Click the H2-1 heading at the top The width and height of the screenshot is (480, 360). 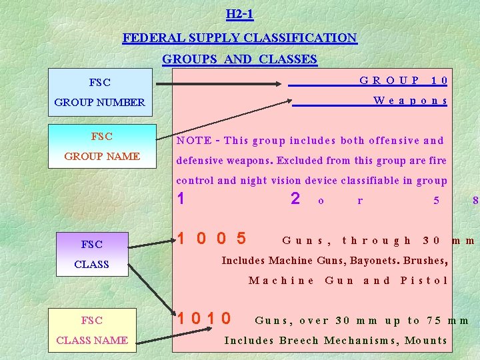pyautogui.click(x=239, y=13)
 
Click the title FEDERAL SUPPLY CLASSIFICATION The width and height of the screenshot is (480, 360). pyautogui.click(x=239, y=38)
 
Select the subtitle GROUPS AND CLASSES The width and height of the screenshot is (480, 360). pyautogui.click(x=239, y=59)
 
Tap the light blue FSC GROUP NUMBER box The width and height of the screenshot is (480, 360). pyautogui.click(x=100, y=92)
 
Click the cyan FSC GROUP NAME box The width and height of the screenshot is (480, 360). pyautogui.click(x=102, y=146)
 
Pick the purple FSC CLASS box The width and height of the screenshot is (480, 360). pyautogui.click(x=91, y=254)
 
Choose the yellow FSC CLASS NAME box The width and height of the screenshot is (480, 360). pyautogui.click(x=92, y=330)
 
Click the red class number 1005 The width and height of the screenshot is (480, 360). pyautogui.click(x=211, y=239)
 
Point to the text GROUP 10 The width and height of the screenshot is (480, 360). pyautogui.click(x=403, y=81)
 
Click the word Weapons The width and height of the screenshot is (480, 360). pyautogui.click(x=410, y=101)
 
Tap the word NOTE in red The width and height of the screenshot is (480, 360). pyautogui.click(x=193, y=141)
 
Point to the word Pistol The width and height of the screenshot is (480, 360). pyautogui.click(x=424, y=280)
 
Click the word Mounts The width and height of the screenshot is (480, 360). pyautogui.click(x=425, y=340)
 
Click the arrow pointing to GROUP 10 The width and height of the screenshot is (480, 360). pyautogui.click(x=220, y=84)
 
